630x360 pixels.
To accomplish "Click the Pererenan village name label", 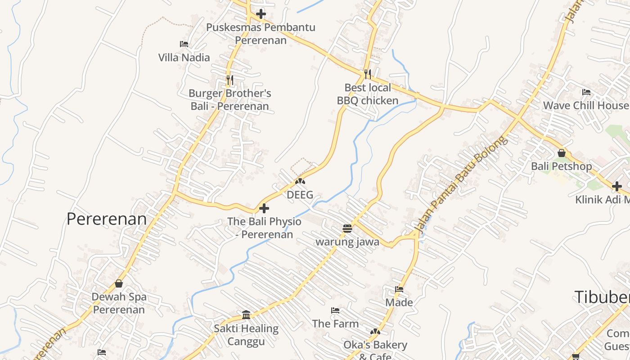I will pyautogui.click(x=107, y=219).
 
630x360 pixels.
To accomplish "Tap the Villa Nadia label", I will pyautogui.click(x=184, y=58).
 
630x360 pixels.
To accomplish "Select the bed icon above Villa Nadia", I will pyautogui.click(x=184, y=44).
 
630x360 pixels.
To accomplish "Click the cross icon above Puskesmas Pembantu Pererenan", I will pyautogui.click(x=261, y=14).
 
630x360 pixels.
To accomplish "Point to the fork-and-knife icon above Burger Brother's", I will pyautogui.click(x=229, y=80).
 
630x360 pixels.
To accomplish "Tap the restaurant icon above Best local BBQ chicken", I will pyautogui.click(x=368, y=74).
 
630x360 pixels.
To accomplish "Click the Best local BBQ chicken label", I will pyautogui.click(x=368, y=94).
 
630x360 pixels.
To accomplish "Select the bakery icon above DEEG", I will pyautogui.click(x=300, y=182).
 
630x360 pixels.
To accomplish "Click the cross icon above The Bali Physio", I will pyautogui.click(x=264, y=208).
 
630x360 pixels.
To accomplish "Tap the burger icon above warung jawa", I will pyautogui.click(x=347, y=229).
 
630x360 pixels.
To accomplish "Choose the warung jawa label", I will pyautogui.click(x=347, y=242).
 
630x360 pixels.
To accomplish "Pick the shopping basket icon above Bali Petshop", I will pyautogui.click(x=562, y=153).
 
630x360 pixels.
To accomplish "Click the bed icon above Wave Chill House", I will pyautogui.click(x=586, y=92).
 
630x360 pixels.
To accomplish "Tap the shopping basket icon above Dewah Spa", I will pyautogui.click(x=119, y=283).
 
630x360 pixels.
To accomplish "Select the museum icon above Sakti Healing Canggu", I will pyautogui.click(x=246, y=315).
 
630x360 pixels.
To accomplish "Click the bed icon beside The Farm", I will pyautogui.click(x=335, y=310).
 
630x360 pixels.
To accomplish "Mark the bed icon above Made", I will pyautogui.click(x=399, y=289).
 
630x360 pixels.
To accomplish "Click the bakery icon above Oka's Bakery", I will pyautogui.click(x=375, y=332).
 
